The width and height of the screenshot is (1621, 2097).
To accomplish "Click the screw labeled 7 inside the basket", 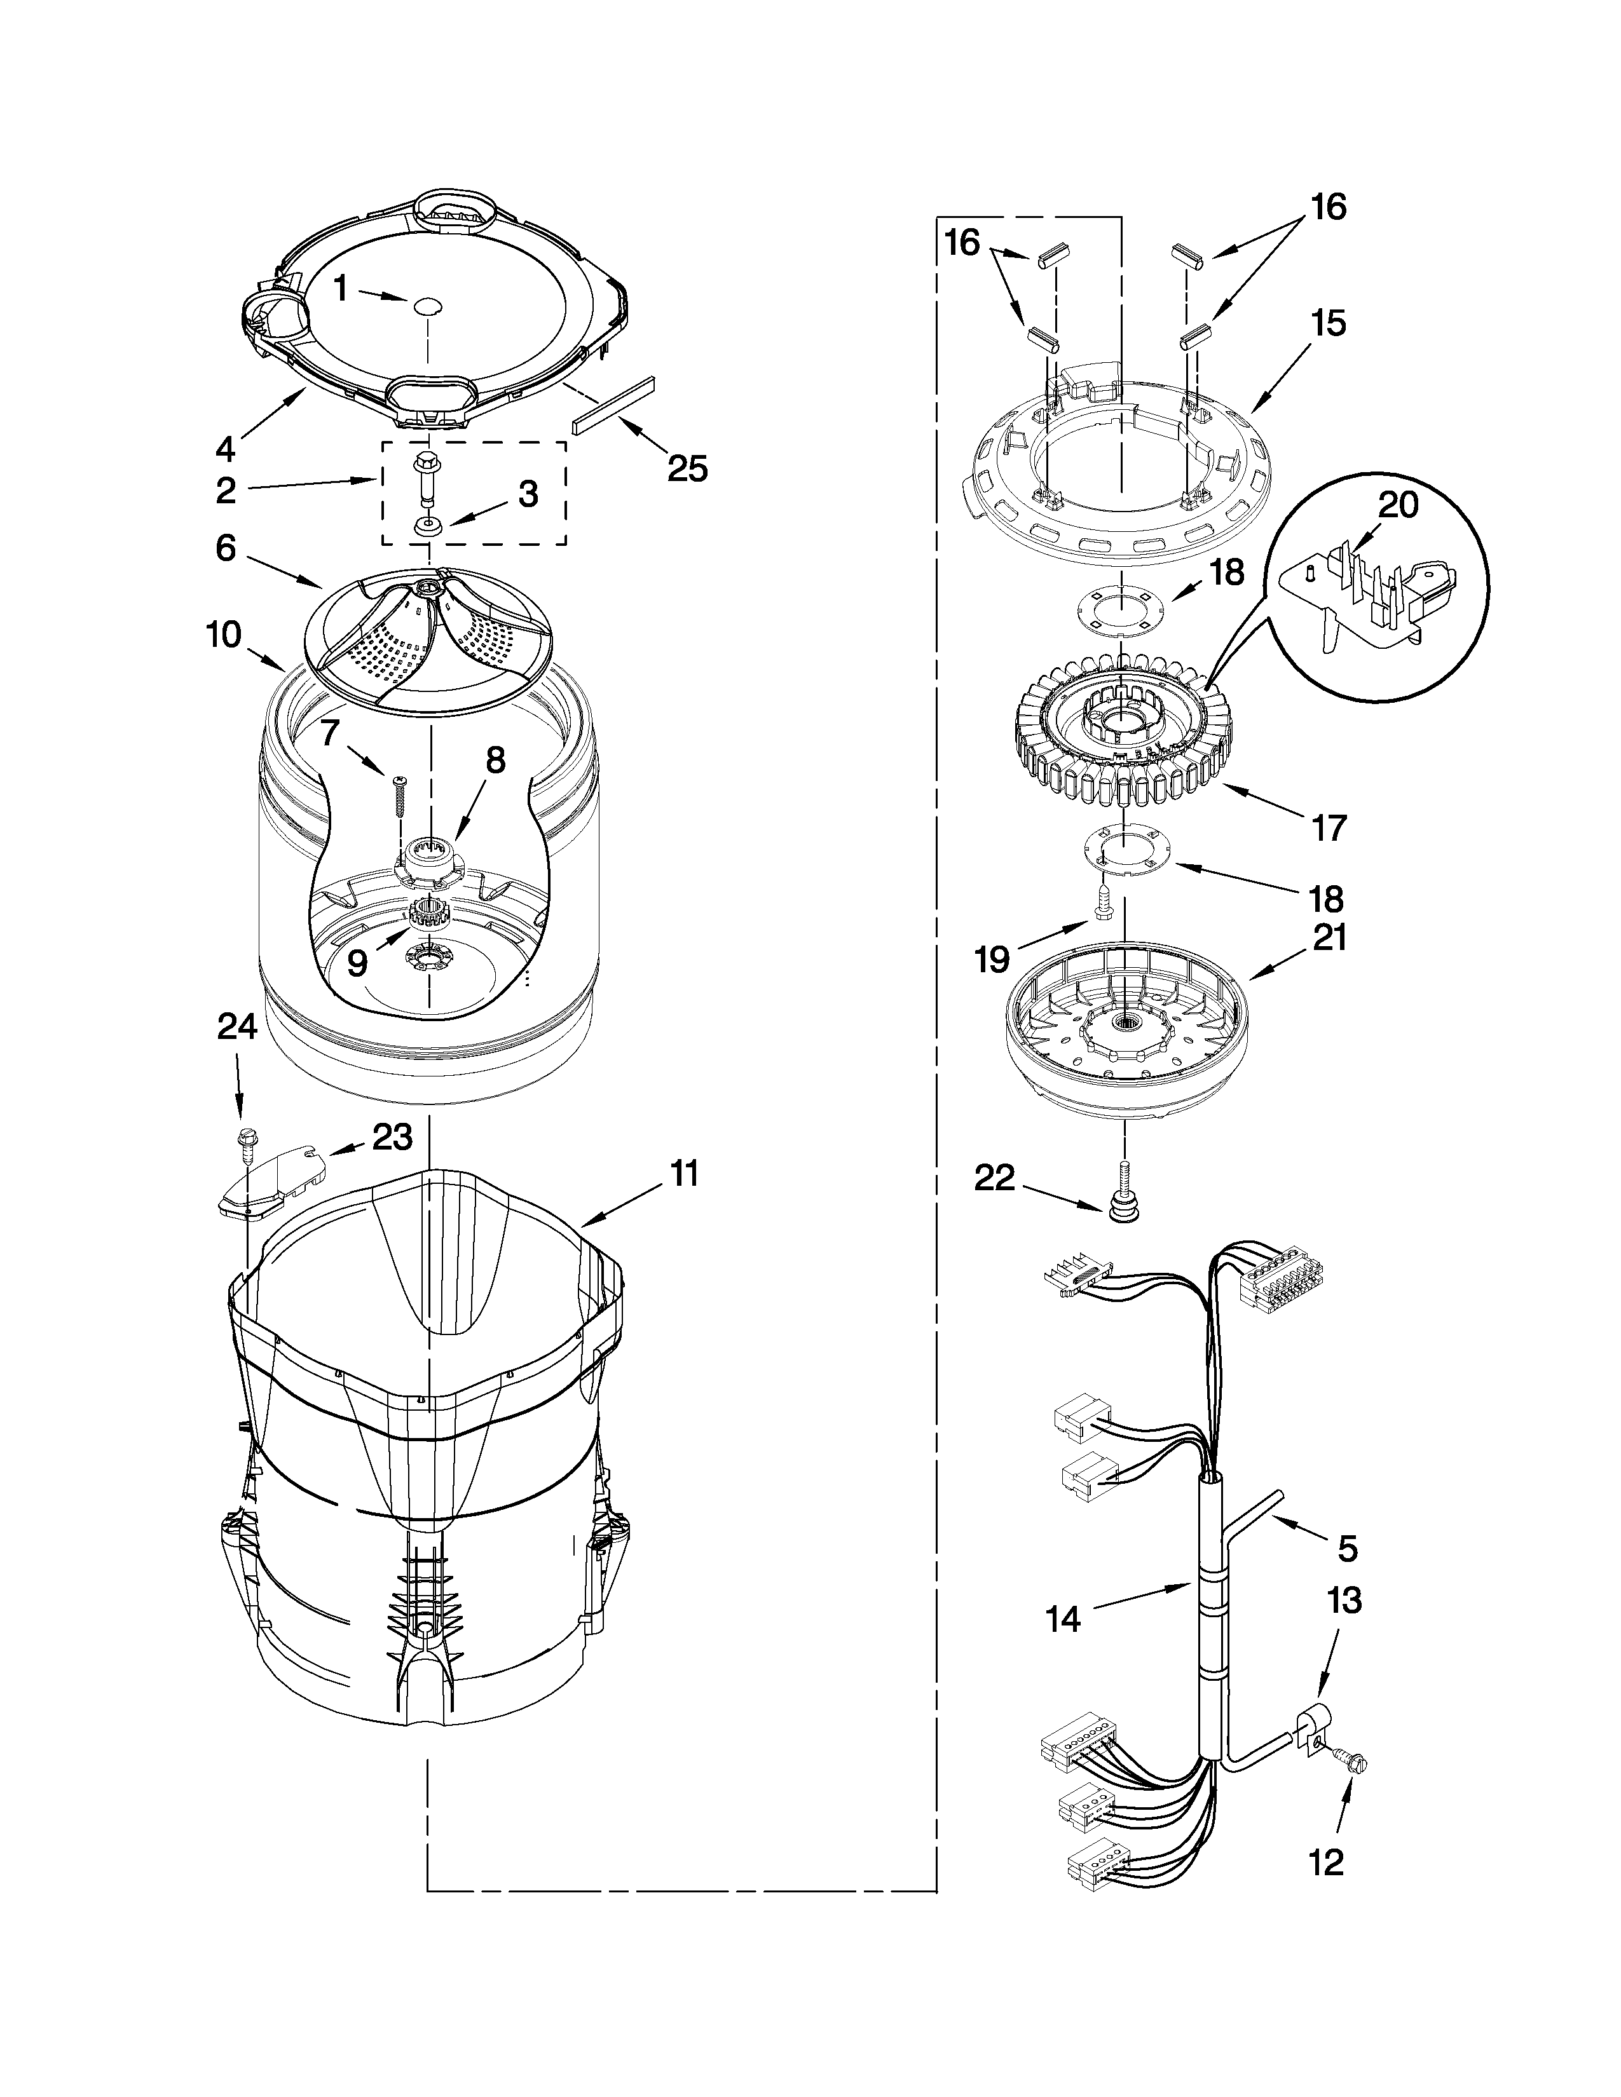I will click(x=399, y=796).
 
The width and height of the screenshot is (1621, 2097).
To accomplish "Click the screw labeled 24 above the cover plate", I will click(x=245, y=1141).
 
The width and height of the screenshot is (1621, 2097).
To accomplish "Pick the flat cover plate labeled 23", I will click(x=272, y=1181).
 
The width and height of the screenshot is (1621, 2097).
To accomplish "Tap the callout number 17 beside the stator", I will click(x=1329, y=827).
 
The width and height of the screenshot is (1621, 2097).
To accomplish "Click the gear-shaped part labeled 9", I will click(x=423, y=914).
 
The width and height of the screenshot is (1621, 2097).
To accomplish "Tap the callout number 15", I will click(x=1329, y=323).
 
